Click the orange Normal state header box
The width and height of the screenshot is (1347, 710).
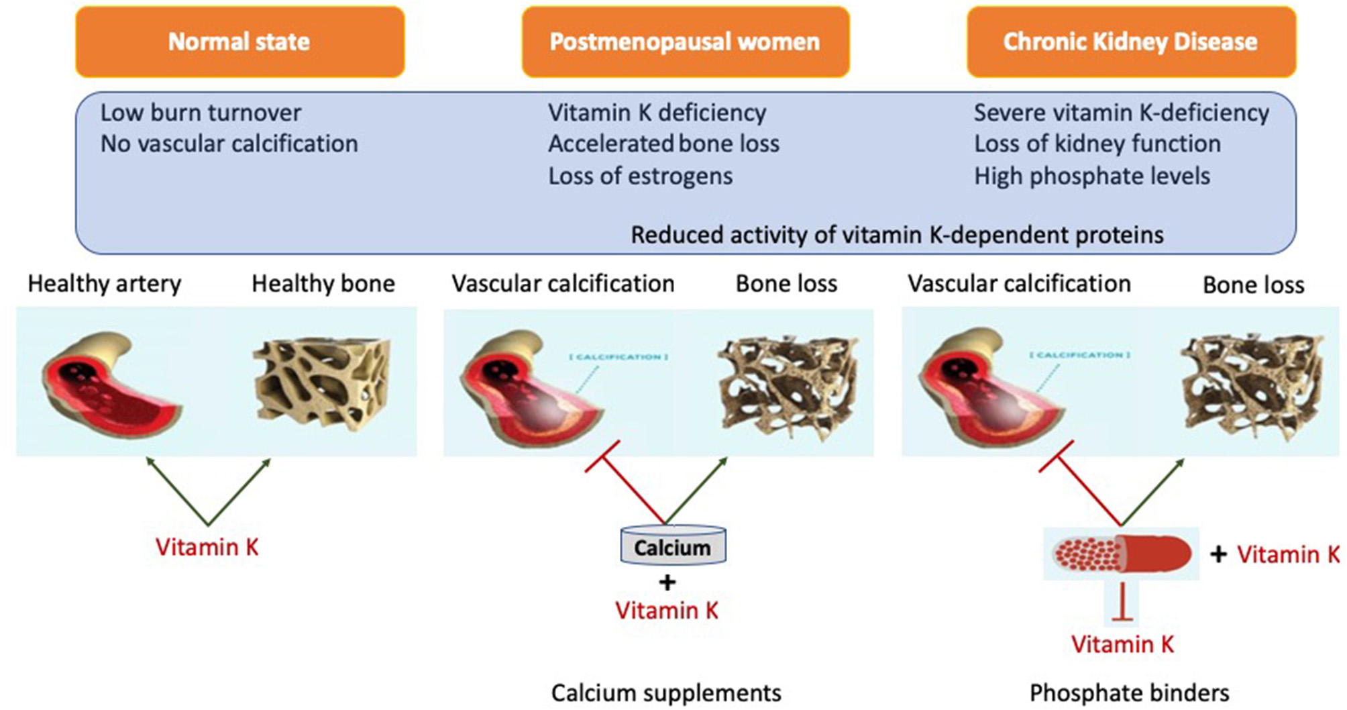239,42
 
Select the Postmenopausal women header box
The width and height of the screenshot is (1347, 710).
685,42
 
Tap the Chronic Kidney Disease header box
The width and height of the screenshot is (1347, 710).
1130,42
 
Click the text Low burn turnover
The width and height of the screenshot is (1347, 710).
201,113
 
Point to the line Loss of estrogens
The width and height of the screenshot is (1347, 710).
640,176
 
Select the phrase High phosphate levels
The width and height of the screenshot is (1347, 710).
1091,176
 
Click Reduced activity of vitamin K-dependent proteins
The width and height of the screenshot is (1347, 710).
897,235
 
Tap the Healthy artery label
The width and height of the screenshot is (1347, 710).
104,284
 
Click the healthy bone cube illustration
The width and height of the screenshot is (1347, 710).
322,383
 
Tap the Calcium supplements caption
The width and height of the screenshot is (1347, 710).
666,693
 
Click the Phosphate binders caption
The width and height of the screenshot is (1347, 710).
1129,693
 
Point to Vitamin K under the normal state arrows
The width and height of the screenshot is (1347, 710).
207,547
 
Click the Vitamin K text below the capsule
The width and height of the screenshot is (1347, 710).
1122,644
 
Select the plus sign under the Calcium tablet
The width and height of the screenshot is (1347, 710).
667,582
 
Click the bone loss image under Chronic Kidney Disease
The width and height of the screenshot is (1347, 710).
1251,386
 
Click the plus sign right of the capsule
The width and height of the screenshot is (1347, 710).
1218,554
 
